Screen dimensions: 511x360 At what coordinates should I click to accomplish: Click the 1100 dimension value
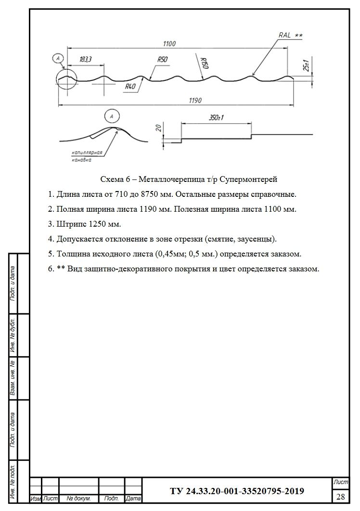tap(169, 44)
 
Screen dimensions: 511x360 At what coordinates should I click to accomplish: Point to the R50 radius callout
tap(162, 59)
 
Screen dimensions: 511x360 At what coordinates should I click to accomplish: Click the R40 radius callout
tap(130, 87)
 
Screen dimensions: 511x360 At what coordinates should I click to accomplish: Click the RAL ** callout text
tap(290, 35)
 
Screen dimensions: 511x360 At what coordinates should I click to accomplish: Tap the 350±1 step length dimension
tap(218, 118)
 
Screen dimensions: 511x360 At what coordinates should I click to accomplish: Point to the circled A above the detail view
tap(112, 116)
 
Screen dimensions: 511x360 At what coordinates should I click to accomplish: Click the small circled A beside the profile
tap(58, 59)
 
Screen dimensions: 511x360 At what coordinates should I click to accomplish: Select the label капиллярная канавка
tap(87, 156)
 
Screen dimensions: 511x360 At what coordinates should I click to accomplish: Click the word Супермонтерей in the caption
tap(251, 179)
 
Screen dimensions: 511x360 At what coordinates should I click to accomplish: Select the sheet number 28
tap(340, 496)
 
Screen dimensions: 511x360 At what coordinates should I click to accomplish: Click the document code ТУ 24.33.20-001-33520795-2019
tap(237, 491)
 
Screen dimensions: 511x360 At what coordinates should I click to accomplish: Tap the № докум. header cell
tap(78, 498)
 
